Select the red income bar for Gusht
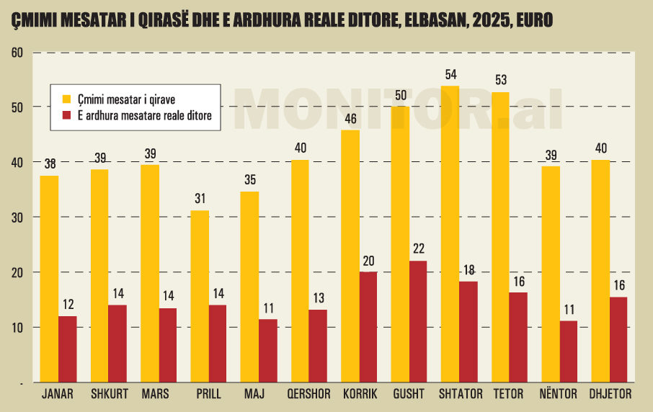(x=418, y=321)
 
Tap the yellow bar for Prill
(x=200, y=296)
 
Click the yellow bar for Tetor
(x=500, y=237)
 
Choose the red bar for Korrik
(x=368, y=327)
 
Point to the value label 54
(x=451, y=75)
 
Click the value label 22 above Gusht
(x=419, y=249)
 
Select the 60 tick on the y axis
(x=17, y=53)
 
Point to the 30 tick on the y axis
(x=17, y=218)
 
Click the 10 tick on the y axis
(x=17, y=328)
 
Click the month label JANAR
(x=58, y=394)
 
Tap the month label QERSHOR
(x=308, y=394)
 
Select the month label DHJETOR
(x=610, y=394)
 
